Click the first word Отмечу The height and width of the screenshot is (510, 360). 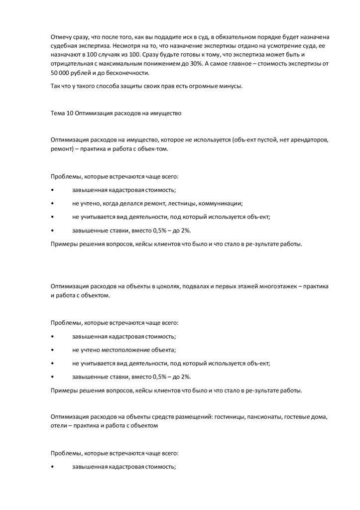61,37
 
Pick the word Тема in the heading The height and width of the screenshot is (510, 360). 58,113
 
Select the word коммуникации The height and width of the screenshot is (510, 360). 221,204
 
